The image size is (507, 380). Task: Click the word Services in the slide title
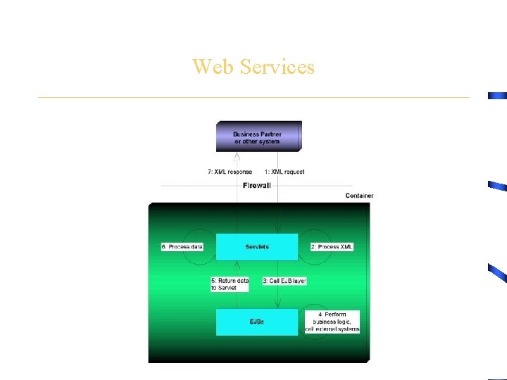[x=277, y=67]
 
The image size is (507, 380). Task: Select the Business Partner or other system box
[x=258, y=137]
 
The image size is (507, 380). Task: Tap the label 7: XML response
[x=230, y=172]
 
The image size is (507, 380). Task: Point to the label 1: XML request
[x=284, y=172]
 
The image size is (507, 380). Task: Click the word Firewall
[x=256, y=186]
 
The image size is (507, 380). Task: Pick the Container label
[x=359, y=196]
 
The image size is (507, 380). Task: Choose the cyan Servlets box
[x=257, y=247]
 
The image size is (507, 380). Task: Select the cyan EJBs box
[x=257, y=322]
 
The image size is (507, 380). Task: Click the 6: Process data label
[x=182, y=247]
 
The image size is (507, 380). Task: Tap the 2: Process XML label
[x=332, y=247]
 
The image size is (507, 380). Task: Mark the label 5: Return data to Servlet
[x=230, y=284]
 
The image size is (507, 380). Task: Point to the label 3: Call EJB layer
[x=284, y=281]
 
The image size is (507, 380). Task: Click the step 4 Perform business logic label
[x=332, y=322]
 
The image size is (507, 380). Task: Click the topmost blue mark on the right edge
[x=498, y=95]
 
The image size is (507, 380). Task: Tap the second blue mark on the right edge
[x=497, y=186]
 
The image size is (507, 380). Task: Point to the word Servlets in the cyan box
[x=257, y=247]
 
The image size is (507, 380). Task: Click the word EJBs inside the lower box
[x=257, y=322]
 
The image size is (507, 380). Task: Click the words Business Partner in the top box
[x=257, y=134]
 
